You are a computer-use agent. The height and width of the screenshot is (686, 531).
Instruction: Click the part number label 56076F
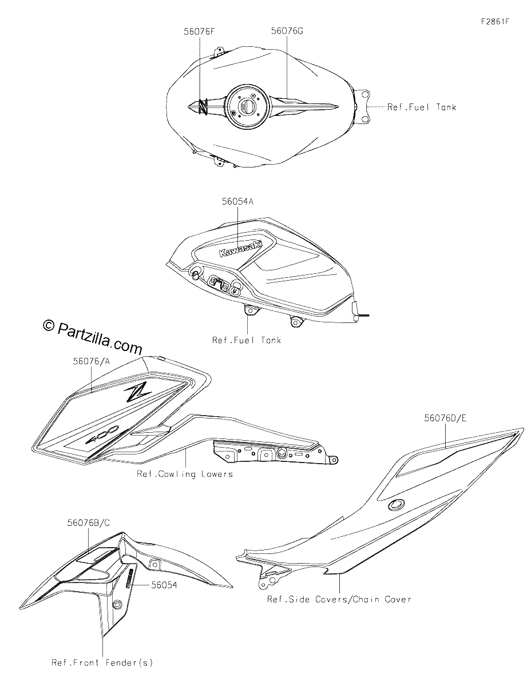coord(199,31)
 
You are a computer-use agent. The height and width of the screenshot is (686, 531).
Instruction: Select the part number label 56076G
coord(287,31)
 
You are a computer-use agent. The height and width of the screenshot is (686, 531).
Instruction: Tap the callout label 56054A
coord(237,201)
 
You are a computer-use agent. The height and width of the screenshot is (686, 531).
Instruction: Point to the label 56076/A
coord(92,361)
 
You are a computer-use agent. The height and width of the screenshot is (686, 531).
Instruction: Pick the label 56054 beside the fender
coord(164,585)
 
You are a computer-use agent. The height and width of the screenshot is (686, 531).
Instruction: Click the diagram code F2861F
coord(496,22)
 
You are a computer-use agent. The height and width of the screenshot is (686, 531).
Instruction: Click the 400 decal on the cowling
coord(102,434)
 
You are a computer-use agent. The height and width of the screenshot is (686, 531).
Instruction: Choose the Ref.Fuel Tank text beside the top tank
coord(422,107)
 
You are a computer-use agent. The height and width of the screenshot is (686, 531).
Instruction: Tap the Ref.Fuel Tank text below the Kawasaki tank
coord(247,340)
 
